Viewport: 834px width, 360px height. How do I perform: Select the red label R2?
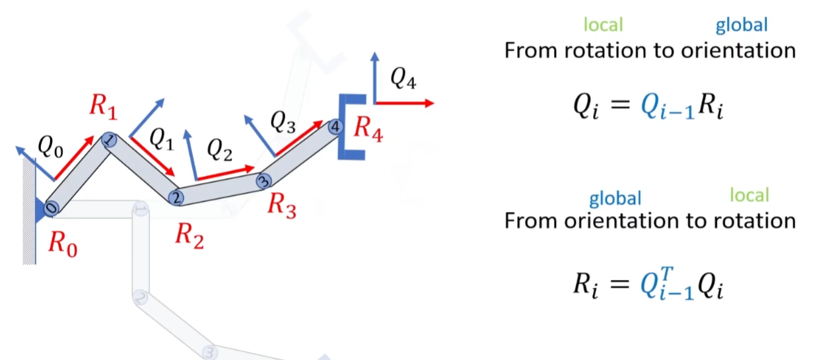click(188, 235)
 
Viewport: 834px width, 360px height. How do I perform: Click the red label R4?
click(367, 127)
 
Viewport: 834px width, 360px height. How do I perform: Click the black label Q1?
click(161, 138)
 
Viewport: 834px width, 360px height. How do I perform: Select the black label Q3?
click(282, 122)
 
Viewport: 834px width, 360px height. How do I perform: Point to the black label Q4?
click(403, 79)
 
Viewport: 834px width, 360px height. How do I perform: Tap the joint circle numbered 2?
click(176, 197)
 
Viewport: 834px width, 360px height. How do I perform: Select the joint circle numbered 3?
click(263, 180)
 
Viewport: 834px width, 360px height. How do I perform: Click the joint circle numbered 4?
click(335, 126)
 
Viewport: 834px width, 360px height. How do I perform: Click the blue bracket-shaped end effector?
click(349, 126)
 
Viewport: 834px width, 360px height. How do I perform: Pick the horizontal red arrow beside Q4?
click(404, 103)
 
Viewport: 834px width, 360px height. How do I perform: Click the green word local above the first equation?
click(603, 25)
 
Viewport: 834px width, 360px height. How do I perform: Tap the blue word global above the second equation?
click(615, 198)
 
